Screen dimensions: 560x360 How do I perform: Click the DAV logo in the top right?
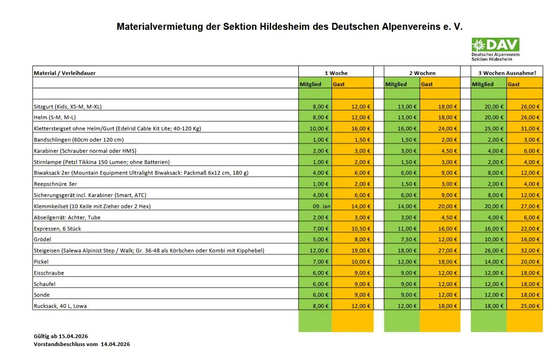(x=495, y=49)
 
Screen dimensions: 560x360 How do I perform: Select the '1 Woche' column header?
(x=336, y=73)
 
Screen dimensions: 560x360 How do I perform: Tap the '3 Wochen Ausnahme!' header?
(x=507, y=73)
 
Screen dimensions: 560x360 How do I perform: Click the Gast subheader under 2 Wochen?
(x=427, y=84)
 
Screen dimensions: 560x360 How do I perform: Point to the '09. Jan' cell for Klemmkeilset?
(x=321, y=206)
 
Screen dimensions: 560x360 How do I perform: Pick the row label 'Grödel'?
(x=42, y=239)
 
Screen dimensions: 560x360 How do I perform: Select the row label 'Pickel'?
(x=41, y=262)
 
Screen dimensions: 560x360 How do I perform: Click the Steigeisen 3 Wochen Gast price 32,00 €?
(x=530, y=250)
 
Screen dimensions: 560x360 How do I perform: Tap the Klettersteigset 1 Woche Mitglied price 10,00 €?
(x=319, y=129)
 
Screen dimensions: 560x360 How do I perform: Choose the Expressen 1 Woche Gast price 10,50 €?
(x=361, y=228)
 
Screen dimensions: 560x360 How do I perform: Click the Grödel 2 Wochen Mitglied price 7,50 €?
(x=409, y=239)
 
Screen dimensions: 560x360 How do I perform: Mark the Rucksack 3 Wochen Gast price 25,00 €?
(x=530, y=306)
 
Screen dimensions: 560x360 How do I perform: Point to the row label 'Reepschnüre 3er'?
(x=55, y=184)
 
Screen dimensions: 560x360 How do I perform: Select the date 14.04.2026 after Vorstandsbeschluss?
(x=115, y=344)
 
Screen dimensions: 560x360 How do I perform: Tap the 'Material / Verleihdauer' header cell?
(x=64, y=73)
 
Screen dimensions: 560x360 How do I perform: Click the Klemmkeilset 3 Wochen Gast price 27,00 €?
(x=530, y=206)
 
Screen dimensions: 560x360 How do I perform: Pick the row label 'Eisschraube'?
(x=49, y=273)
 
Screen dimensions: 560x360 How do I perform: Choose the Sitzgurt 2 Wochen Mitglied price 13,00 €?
(x=407, y=106)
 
